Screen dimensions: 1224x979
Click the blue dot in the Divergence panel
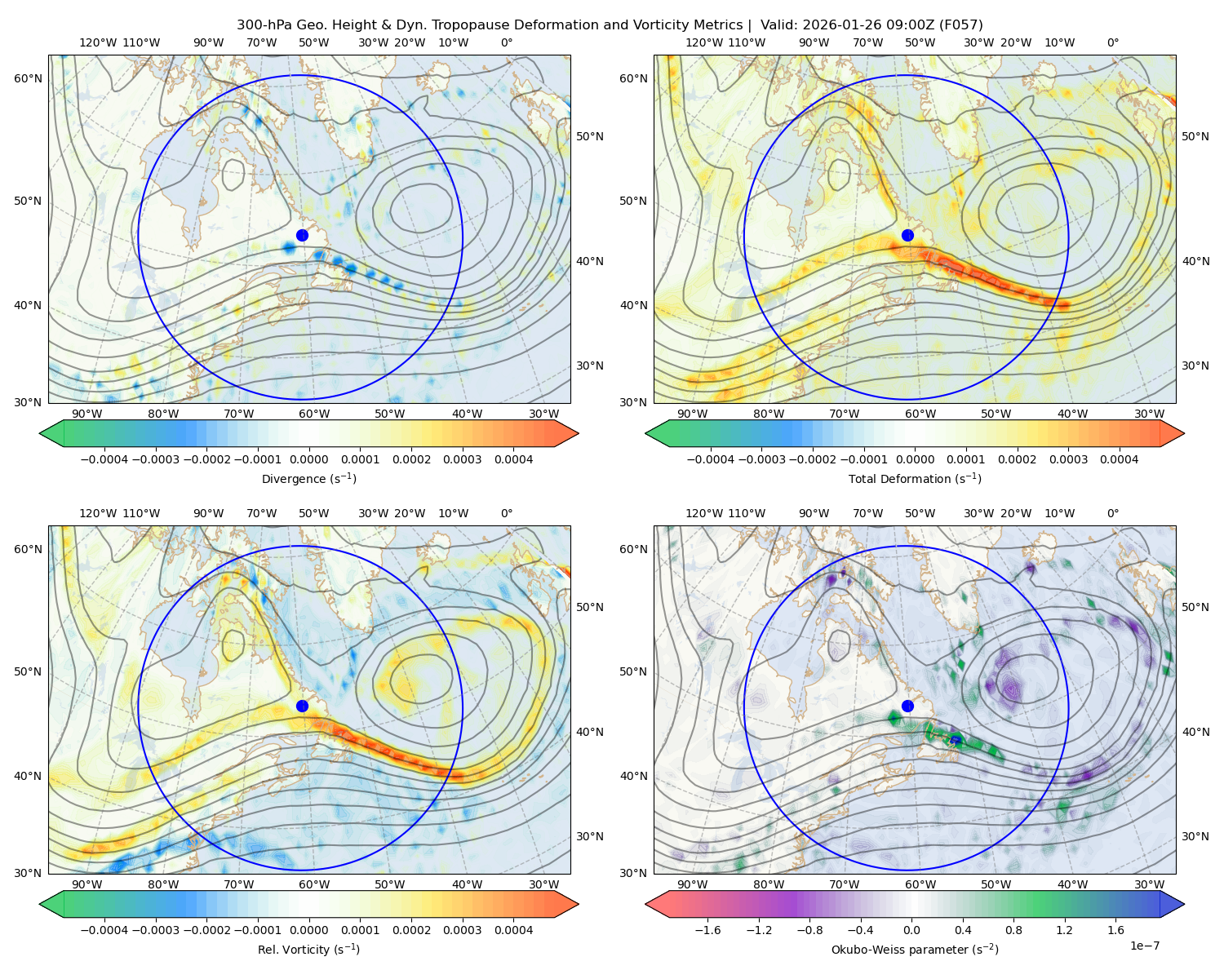[302, 236]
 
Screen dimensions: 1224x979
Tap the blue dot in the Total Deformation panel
[907, 236]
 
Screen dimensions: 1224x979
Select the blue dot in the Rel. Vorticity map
[302, 706]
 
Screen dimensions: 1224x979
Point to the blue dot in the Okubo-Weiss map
[907, 706]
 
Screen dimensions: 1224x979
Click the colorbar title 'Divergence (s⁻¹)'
[308, 478]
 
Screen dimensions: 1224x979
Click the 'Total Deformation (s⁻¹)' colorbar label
[915, 478]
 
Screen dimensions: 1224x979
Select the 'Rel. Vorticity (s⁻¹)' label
[308, 950]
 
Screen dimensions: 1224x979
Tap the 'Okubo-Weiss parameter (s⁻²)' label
[915, 950]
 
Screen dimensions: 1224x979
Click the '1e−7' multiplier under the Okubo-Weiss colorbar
[1144, 946]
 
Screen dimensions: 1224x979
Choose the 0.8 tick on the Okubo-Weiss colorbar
[1013, 930]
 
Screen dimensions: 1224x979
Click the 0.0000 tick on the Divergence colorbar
[308, 459]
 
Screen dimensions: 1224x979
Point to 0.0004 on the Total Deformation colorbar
[1119, 459]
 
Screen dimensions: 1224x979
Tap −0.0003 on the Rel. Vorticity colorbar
[155, 930]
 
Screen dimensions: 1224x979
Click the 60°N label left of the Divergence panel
[28, 78]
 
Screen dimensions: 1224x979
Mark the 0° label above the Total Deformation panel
[1112, 42]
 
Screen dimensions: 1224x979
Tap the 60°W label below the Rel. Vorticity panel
[314, 884]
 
